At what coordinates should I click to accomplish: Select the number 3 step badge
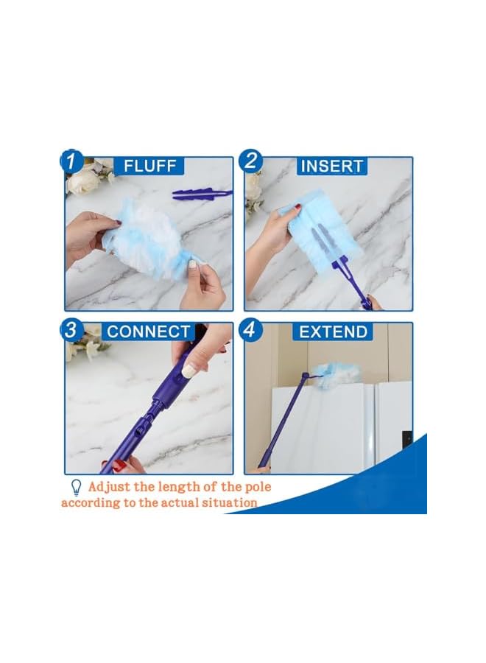[72, 329]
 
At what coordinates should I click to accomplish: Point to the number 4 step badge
[252, 329]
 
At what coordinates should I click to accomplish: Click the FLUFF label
[149, 166]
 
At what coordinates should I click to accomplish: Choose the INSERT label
[331, 166]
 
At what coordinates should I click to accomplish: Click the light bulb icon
[75, 486]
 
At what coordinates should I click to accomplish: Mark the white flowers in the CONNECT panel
[82, 345]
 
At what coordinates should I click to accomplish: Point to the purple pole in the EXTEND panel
[283, 420]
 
